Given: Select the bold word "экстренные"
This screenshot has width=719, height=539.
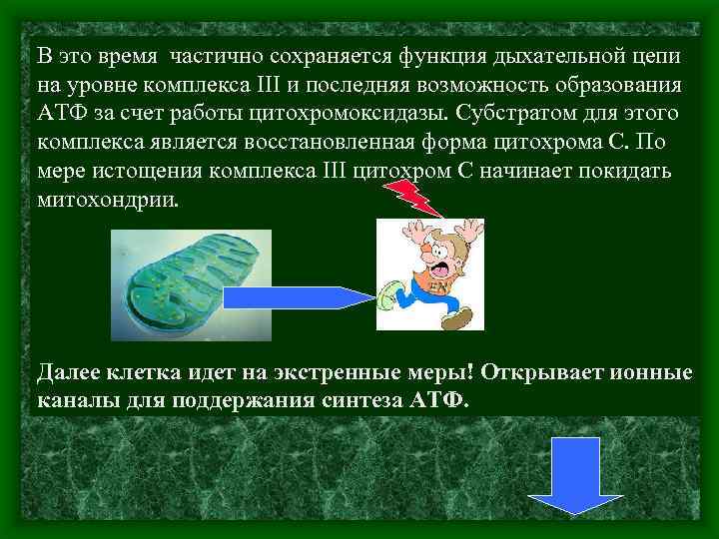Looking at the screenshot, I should [319, 372].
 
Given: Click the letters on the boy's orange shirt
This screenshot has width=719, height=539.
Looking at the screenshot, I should [439, 288].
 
